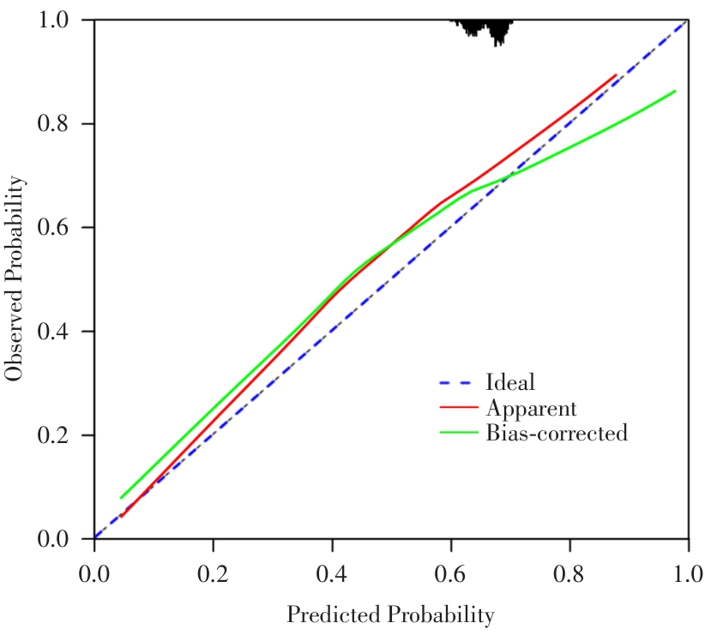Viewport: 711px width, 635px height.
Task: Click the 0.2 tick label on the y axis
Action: point(53,435)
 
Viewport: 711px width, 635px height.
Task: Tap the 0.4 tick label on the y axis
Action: point(53,332)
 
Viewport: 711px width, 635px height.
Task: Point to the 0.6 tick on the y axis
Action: point(53,227)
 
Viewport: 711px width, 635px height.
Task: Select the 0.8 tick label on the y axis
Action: point(53,123)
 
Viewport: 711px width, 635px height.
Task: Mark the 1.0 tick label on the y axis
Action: point(53,20)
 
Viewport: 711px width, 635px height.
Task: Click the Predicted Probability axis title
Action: point(390,615)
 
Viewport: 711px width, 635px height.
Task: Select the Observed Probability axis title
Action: point(14,279)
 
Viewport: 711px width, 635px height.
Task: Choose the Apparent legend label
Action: point(531,407)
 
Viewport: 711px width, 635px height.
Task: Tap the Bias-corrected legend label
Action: point(556,433)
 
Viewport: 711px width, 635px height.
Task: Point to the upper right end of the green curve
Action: point(675,91)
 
